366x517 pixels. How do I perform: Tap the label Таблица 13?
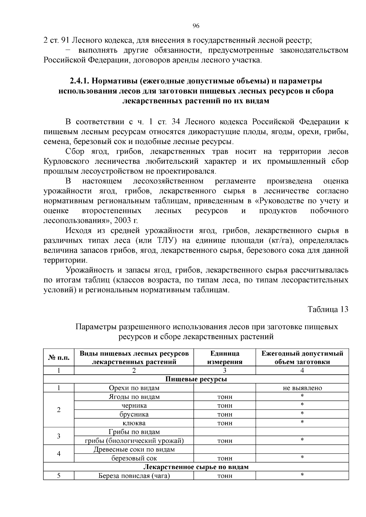click(x=328, y=309)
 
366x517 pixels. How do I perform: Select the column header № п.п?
click(x=59, y=357)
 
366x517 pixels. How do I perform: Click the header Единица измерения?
click(x=224, y=357)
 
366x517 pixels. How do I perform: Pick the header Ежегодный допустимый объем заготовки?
click(x=302, y=357)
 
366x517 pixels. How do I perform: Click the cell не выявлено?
click(x=302, y=388)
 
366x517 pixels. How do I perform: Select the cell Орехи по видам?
click(x=134, y=388)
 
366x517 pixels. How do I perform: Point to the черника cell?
click(x=134, y=406)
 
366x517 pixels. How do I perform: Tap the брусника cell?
click(x=134, y=414)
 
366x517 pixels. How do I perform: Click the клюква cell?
click(x=134, y=423)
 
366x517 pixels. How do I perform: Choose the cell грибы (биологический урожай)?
click(x=134, y=441)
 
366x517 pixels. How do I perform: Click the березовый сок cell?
click(x=134, y=458)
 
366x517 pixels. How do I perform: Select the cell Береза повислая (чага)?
click(x=134, y=476)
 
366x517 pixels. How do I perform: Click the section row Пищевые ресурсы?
click(x=196, y=379)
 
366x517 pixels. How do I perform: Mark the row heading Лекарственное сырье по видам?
click(x=196, y=467)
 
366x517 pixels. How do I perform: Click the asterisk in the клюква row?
click(x=302, y=423)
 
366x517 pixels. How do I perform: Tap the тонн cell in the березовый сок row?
click(x=224, y=458)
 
